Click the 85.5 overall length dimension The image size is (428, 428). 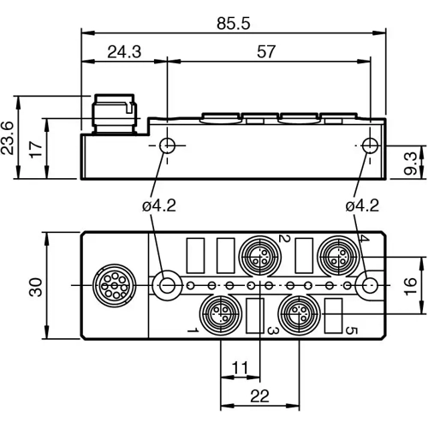point(233,24)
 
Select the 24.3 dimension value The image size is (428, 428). point(123,51)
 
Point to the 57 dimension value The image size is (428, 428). point(266,51)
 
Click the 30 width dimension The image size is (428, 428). point(34,284)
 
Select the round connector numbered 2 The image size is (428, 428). point(257,254)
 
